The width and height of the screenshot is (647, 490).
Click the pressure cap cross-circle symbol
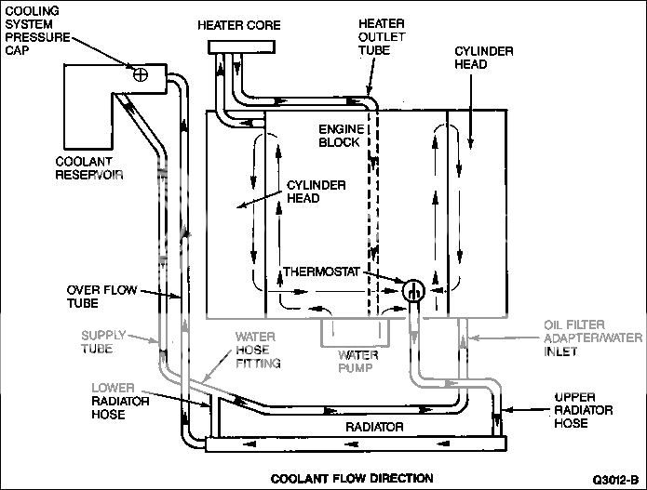tap(141, 74)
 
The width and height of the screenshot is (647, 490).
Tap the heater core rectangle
tap(242, 47)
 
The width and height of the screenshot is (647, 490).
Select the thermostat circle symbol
tap(413, 290)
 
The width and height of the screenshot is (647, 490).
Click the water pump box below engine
tap(356, 333)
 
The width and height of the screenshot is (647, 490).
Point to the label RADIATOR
tap(374, 427)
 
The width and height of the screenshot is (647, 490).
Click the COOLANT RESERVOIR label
tap(89, 168)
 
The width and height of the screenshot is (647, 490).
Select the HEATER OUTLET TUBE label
tap(382, 36)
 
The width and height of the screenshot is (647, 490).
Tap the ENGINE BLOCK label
tap(342, 136)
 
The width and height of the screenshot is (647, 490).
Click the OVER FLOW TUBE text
tap(101, 297)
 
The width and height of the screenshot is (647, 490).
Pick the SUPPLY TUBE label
tap(103, 342)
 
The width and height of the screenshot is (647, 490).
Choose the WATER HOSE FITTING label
tap(258, 350)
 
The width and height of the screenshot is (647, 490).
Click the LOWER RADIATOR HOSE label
tap(120, 401)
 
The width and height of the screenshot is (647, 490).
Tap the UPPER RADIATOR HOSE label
tap(583, 410)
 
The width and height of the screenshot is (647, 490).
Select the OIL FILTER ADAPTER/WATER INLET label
tap(593, 338)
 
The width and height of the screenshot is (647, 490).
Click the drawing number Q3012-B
tap(615, 480)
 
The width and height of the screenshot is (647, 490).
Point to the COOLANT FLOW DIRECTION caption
tap(352, 479)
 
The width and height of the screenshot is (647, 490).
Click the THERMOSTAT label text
tap(321, 271)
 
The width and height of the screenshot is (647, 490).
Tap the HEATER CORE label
tap(239, 25)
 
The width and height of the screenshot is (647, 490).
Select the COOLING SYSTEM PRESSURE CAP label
tap(37, 31)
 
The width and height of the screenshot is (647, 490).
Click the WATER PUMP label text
tap(357, 362)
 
